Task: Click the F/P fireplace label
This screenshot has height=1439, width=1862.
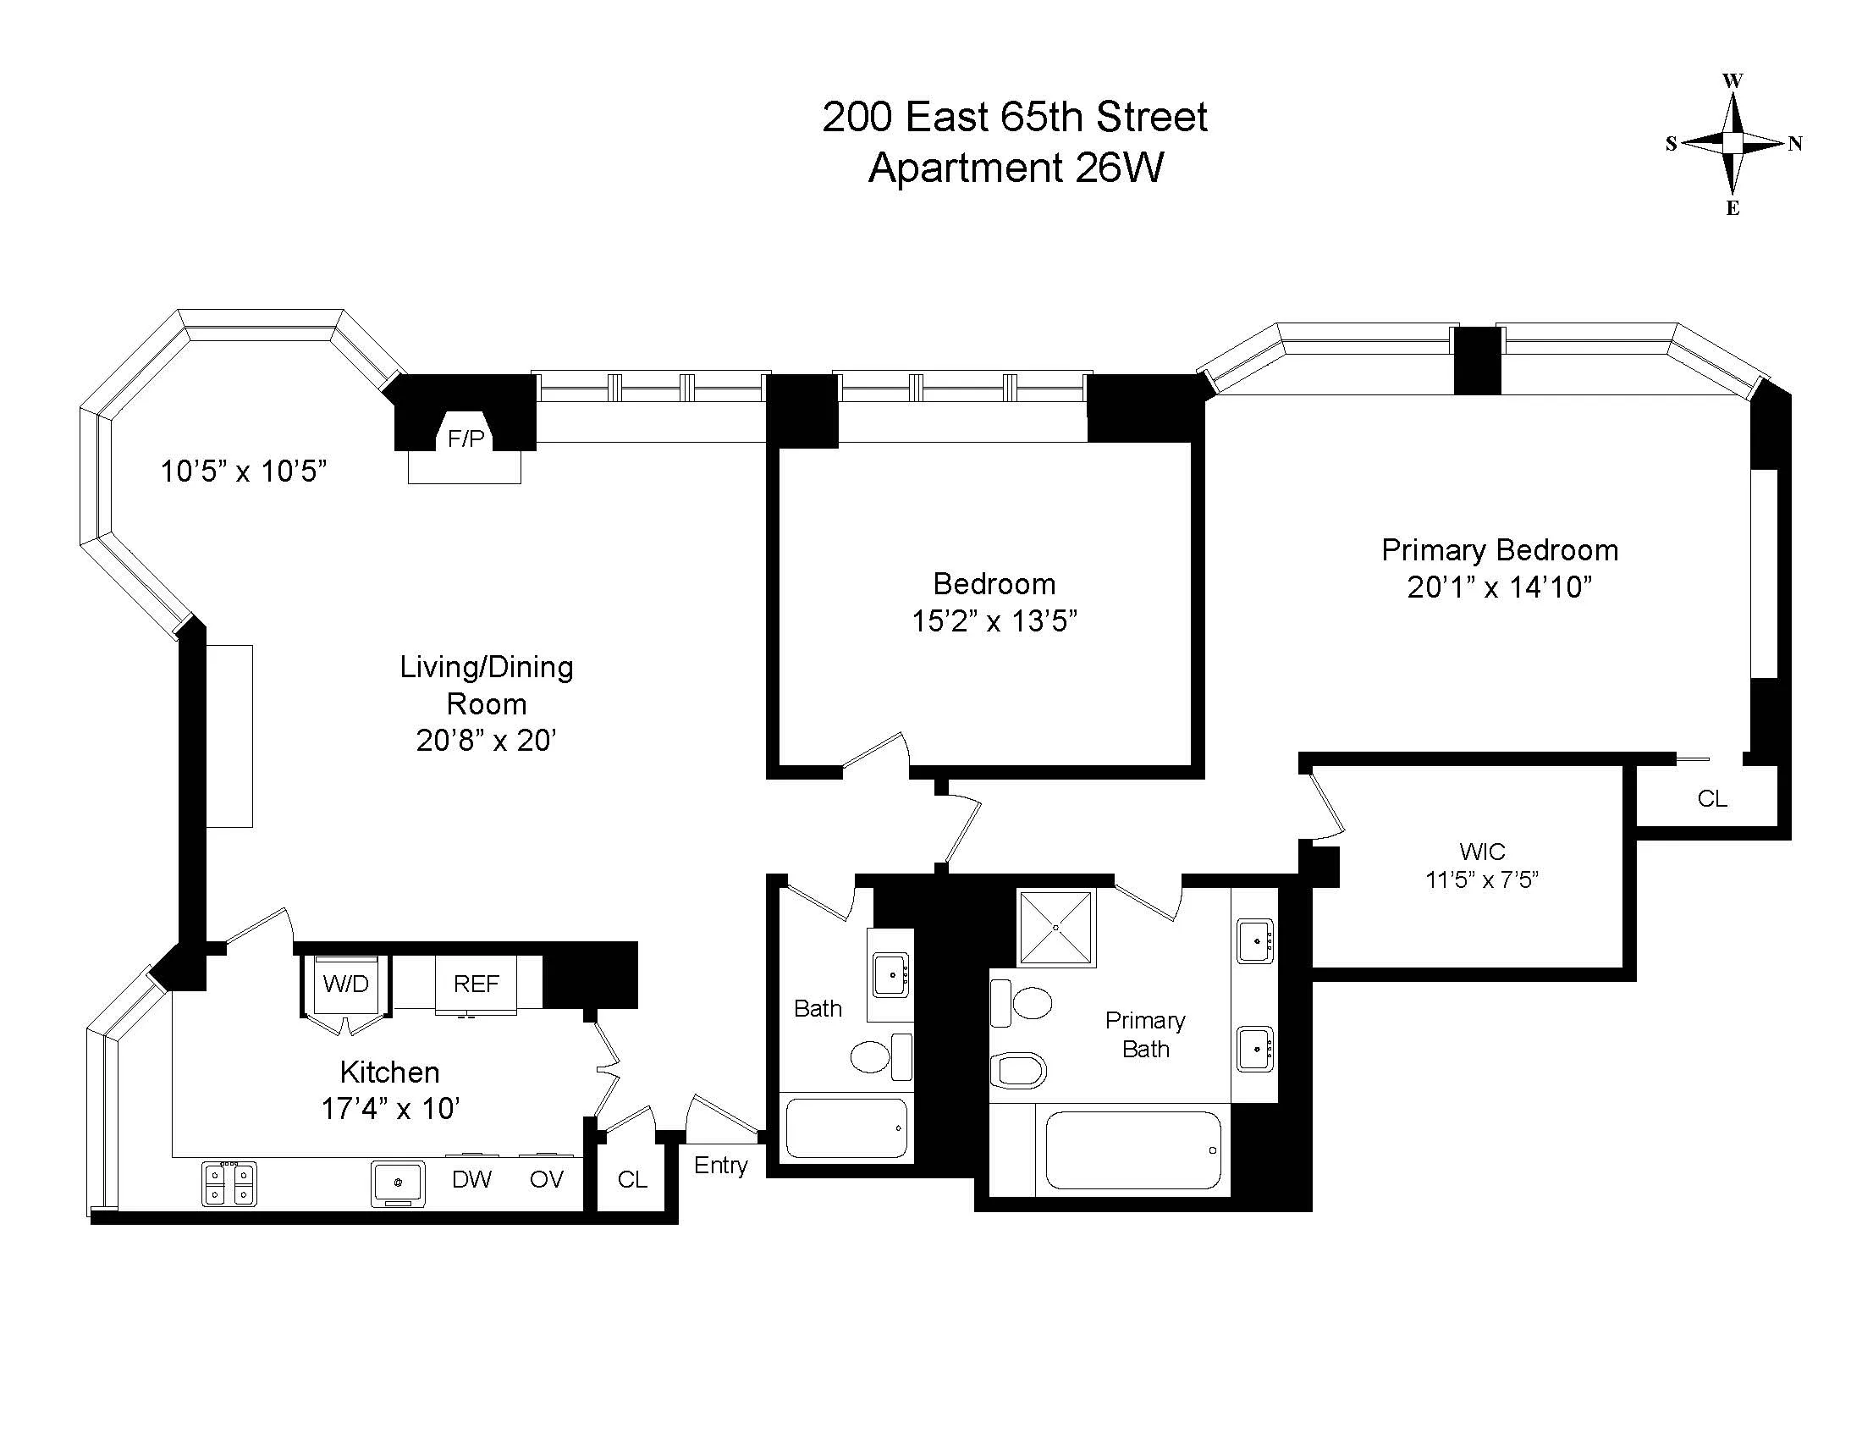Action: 465,439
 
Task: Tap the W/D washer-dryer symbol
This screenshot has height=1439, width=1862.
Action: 346,984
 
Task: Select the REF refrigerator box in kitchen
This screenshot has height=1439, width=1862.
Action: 476,984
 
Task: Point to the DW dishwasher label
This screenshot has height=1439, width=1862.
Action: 471,1179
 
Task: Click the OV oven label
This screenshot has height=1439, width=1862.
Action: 546,1179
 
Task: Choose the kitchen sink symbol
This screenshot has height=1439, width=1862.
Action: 398,1183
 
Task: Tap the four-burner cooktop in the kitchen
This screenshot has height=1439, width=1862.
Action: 229,1184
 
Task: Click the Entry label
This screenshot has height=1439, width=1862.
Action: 720,1166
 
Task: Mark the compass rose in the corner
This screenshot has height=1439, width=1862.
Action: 1733,143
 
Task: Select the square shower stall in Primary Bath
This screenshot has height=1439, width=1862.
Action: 1055,928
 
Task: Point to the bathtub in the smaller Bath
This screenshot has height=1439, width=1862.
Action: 846,1127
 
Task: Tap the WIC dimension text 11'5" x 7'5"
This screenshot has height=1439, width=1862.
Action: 1482,879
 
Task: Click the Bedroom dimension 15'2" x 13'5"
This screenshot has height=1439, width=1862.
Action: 994,620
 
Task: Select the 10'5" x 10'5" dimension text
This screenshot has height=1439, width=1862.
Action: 244,471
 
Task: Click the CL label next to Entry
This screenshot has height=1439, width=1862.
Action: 631,1179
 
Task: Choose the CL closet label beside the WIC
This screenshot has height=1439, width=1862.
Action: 1712,799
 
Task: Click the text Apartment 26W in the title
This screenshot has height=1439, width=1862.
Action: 1015,168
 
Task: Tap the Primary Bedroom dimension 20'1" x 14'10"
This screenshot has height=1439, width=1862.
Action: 1499,587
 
